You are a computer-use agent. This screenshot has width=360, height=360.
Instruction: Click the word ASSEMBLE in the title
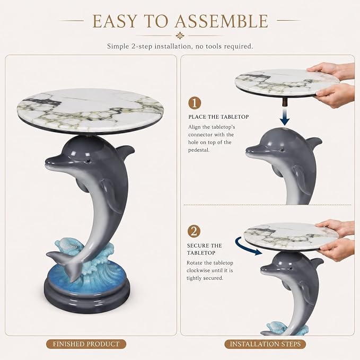[x=221, y=21]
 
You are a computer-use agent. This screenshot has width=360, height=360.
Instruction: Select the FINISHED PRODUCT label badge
[x=86, y=344]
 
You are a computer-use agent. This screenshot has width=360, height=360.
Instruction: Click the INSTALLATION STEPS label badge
[x=265, y=344]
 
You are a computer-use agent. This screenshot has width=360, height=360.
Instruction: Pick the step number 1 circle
[x=195, y=103]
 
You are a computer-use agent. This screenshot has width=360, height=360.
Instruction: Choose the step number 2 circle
[x=194, y=231]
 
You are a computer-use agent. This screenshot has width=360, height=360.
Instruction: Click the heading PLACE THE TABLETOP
[x=218, y=117]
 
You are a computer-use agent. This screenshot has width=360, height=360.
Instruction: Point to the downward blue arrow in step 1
[x=285, y=117]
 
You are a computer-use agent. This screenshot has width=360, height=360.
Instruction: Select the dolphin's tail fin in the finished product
[x=64, y=264]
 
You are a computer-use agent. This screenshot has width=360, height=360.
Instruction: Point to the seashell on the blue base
[x=67, y=245]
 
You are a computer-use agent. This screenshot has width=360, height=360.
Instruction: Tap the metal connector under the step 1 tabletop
[x=285, y=102]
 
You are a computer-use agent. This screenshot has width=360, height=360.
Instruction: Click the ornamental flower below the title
[x=180, y=36]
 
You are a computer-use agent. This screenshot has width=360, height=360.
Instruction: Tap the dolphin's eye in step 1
[x=281, y=150]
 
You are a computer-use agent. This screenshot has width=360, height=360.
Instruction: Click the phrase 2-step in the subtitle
[x=142, y=46]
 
